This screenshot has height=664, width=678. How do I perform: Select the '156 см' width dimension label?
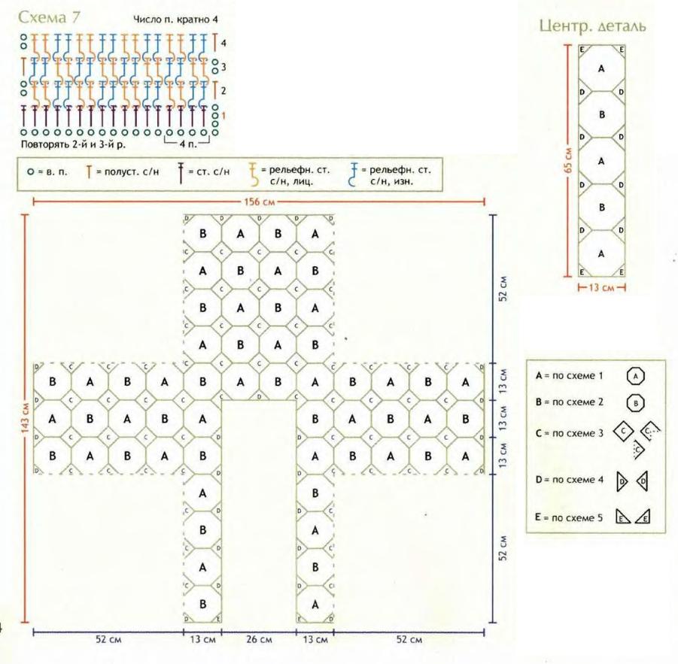258,202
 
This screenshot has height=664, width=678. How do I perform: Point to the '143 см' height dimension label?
26,419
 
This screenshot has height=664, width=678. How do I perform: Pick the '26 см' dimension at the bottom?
258,640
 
